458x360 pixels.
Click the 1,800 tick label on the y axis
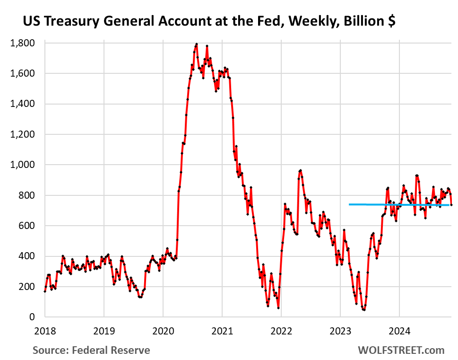click(23, 43)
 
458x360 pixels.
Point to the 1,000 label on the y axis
click(23, 165)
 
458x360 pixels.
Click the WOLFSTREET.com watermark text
click(401, 350)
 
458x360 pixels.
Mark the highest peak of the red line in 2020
click(196, 44)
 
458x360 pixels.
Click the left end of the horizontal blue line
click(349, 204)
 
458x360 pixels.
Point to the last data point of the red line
click(451, 205)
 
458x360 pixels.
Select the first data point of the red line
click(45, 291)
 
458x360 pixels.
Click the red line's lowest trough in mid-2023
click(364, 310)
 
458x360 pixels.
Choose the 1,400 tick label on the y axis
click(23, 104)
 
